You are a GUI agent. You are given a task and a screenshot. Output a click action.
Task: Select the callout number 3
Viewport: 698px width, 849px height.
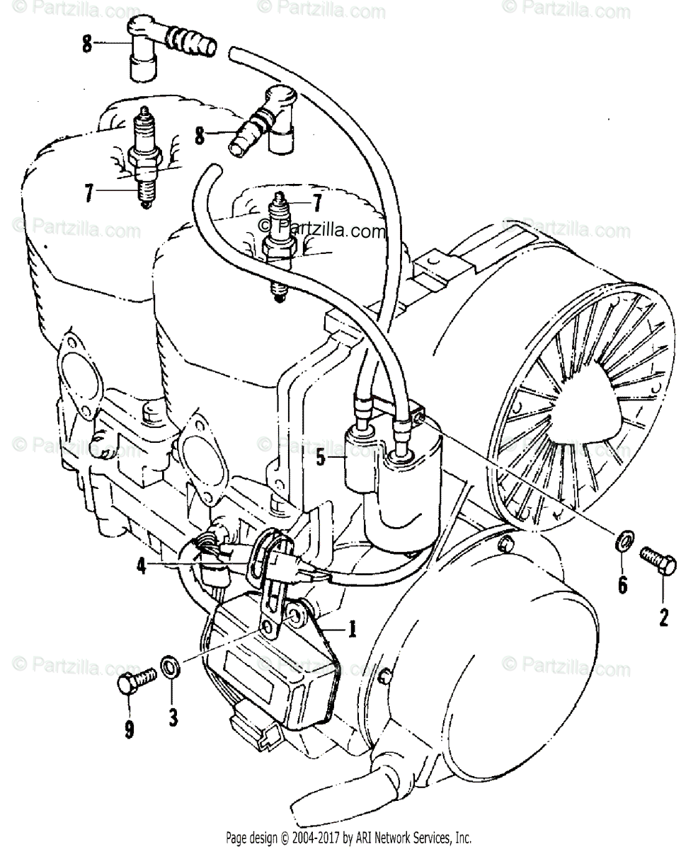[172, 717]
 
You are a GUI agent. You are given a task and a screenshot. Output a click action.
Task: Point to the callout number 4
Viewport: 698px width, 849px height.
[142, 567]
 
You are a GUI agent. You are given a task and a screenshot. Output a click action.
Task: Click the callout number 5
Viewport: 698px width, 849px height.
[320, 458]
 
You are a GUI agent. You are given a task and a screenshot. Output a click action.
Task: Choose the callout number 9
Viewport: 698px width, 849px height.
[129, 728]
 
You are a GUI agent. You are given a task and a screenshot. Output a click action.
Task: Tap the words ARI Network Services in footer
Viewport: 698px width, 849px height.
[406, 838]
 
